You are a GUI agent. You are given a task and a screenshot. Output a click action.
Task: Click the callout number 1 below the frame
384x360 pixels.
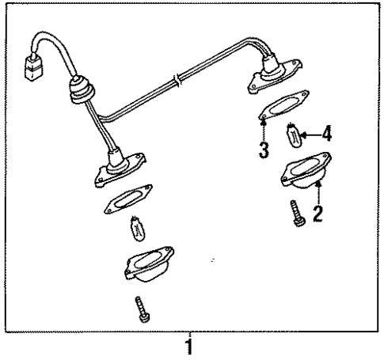click(x=189, y=347)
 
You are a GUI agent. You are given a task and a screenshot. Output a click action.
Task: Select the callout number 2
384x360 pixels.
click(x=317, y=213)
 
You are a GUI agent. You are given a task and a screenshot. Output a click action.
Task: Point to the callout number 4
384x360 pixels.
click(x=326, y=133)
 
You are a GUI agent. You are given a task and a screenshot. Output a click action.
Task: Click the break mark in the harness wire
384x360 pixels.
click(x=181, y=80)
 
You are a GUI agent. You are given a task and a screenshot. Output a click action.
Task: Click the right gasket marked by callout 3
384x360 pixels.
click(x=283, y=108)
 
